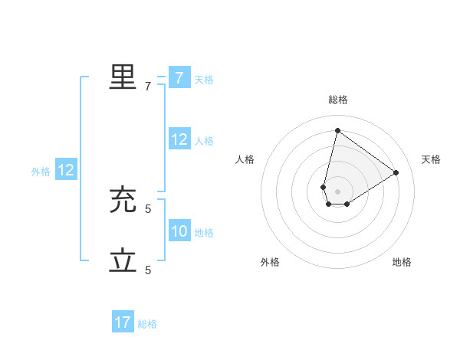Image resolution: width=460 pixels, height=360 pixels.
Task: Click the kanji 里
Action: [x=123, y=77]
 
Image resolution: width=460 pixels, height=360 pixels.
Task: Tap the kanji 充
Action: [x=123, y=200]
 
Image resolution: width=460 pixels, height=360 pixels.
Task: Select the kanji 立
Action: [x=123, y=261]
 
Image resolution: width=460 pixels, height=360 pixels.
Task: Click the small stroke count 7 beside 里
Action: [x=148, y=87]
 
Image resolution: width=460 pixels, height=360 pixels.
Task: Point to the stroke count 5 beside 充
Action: [x=148, y=208]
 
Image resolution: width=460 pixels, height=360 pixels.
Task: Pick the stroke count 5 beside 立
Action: [x=148, y=270]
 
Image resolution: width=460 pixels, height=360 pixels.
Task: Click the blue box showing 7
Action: [x=179, y=78]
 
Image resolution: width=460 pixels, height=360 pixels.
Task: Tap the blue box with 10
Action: [x=179, y=231]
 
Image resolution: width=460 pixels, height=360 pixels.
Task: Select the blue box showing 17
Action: [x=123, y=322]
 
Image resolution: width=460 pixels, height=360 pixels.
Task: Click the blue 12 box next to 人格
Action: [x=179, y=139]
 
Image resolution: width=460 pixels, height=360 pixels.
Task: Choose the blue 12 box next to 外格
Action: [x=66, y=170]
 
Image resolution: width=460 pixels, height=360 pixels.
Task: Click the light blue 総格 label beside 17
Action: [x=147, y=324]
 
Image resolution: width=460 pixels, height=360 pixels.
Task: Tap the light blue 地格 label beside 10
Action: [x=204, y=233]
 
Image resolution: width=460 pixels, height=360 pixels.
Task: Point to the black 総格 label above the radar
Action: [x=338, y=100]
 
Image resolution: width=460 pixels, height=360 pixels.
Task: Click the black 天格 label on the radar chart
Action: [x=431, y=159]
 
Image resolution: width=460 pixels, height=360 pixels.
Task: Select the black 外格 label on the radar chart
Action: [x=270, y=262]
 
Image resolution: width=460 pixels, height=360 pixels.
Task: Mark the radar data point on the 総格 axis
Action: [x=337, y=130]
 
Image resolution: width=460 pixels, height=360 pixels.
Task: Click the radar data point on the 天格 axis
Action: [x=396, y=172]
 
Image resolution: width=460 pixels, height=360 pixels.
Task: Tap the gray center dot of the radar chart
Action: [x=337, y=191]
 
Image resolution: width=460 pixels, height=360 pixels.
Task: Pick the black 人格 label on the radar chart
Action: [x=245, y=159]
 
